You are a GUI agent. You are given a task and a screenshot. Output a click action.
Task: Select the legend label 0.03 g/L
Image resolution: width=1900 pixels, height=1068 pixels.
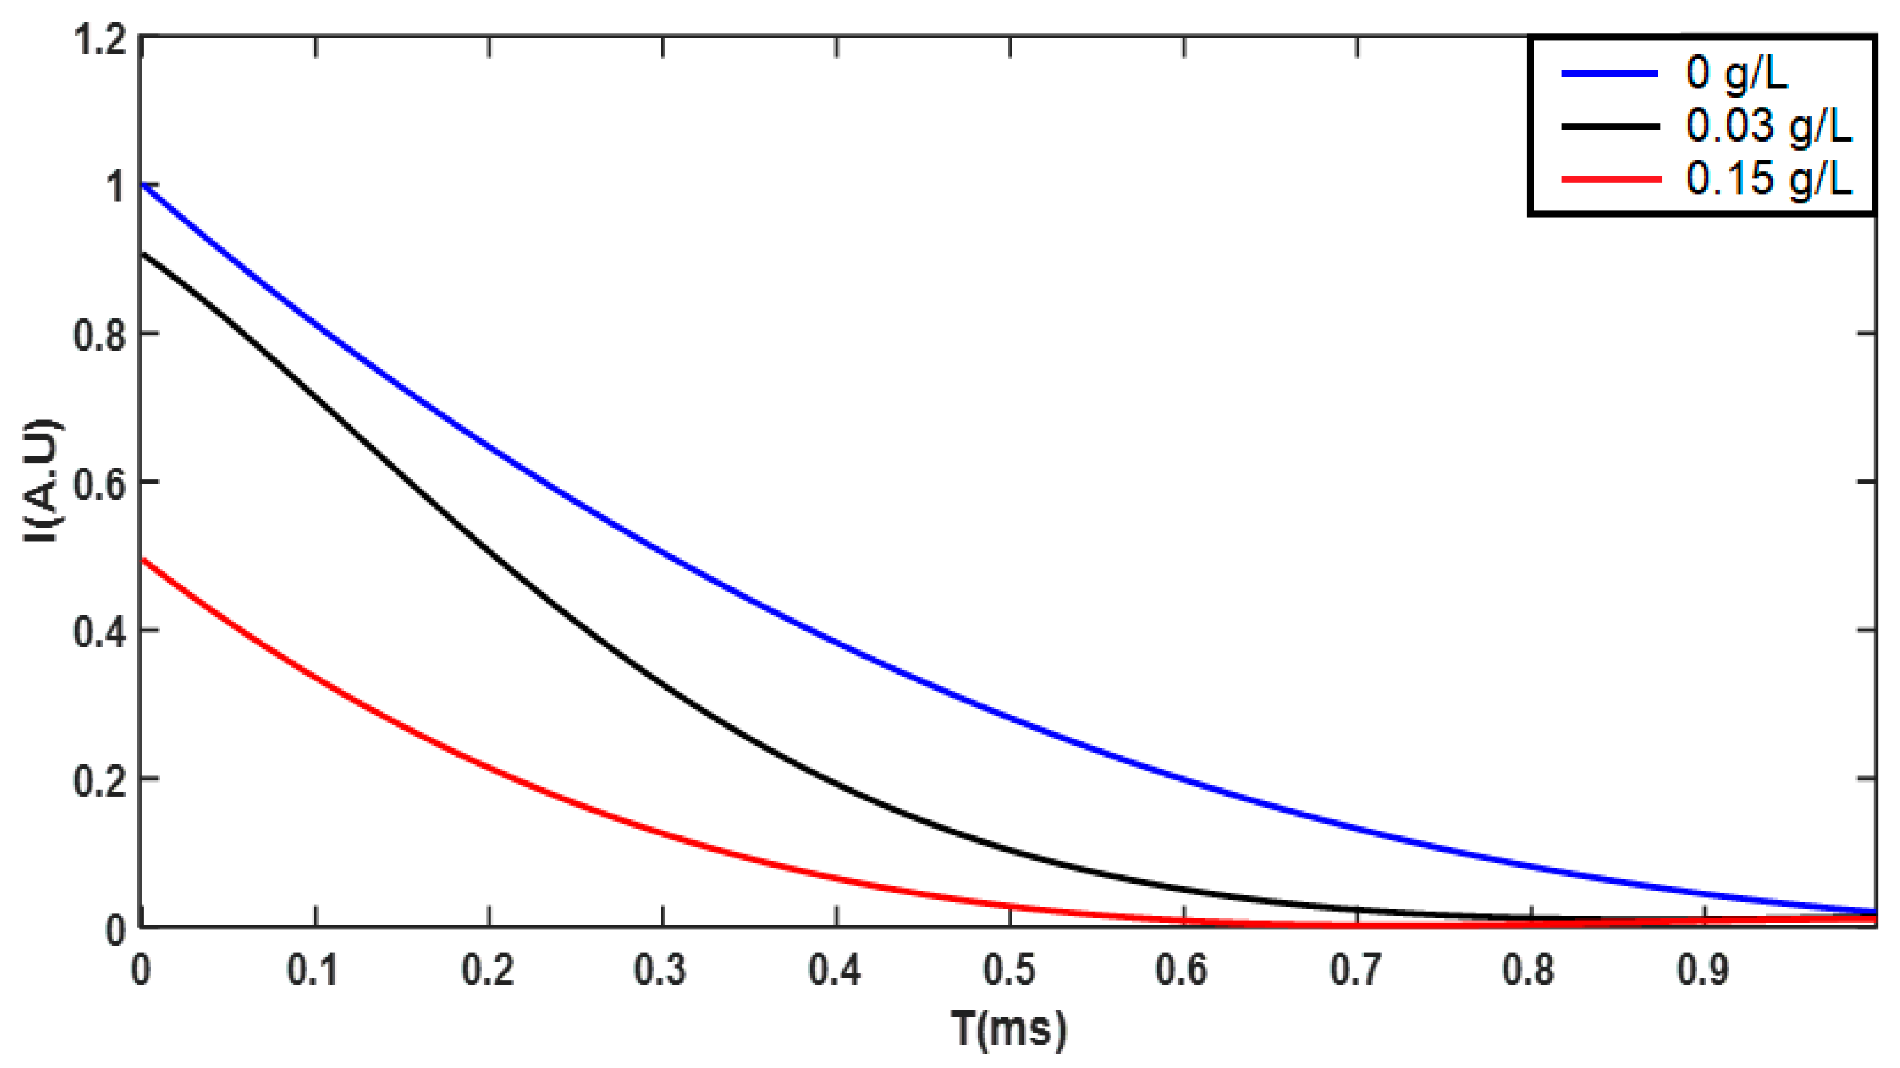[x=1768, y=126]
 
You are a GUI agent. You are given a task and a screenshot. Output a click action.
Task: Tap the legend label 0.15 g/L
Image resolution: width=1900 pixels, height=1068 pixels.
[x=1768, y=179]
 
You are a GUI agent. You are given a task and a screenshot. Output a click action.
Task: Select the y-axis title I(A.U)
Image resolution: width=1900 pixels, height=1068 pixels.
[x=42, y=481]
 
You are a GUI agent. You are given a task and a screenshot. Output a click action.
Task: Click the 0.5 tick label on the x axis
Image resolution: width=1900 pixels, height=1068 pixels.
[x=1009, y=970]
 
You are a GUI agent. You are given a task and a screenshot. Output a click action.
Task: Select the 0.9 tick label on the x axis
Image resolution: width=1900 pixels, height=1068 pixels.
[x=1703, y=970]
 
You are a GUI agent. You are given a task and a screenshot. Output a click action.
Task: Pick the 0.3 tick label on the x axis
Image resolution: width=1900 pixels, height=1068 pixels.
[x=661, y=970]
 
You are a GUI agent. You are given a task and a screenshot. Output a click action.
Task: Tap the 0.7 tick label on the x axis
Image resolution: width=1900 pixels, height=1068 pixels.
[x=1356, y=970]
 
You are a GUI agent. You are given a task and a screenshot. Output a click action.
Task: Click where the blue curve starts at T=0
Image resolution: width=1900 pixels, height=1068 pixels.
[x=142, y=184]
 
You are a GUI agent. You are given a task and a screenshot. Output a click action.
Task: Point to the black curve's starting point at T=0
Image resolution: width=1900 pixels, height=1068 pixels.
[x=142, y=254]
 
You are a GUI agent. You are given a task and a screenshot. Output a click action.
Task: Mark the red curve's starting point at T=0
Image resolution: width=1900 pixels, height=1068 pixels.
[x=142, y=560]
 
